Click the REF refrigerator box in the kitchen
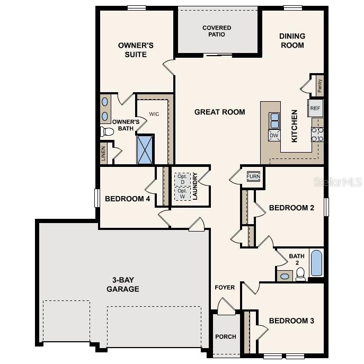coord(315,108)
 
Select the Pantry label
coord(319,85)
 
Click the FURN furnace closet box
coord(253,176)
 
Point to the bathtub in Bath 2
coord(316,263)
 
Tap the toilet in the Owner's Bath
coord(107,131)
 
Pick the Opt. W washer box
coord(183,193)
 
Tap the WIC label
coord(154,114)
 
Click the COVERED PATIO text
coord(217,31)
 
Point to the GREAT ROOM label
coord(219,112)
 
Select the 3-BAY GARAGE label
coord(122,285)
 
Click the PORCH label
coord(226,336)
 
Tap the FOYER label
coord(225,288)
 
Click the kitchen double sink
coord(274,121)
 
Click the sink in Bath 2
coord(285,276)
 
